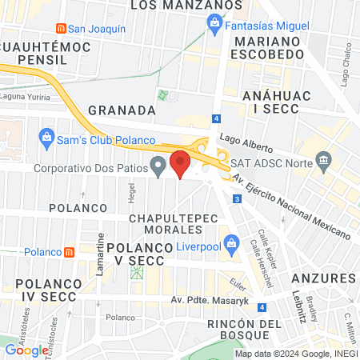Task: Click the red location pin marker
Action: tap(180, 162)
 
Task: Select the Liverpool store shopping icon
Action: tap(230, 240)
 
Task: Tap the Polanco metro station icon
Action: tap(70, 252)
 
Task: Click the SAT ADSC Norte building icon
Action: tap(324, 160)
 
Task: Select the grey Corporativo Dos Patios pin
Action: tap(158, 167)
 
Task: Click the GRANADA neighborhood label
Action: tap(121, 110)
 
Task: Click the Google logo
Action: tap(26, 350)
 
